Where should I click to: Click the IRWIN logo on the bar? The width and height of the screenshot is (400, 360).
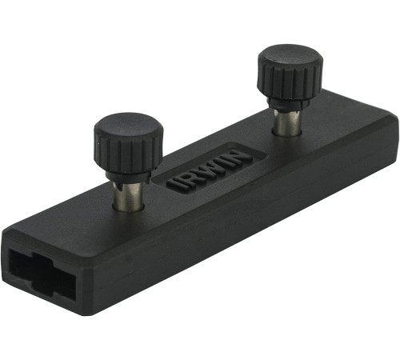(210, 170)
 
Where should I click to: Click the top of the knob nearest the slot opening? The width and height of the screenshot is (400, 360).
(128, 128)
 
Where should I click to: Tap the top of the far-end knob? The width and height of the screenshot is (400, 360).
(290, 58)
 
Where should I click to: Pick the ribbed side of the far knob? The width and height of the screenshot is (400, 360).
(290, 82)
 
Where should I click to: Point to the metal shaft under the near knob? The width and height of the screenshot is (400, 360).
(128, 196)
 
